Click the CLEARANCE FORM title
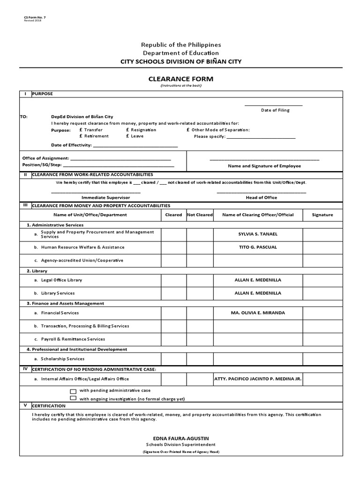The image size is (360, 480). pyautogui.click(x=180, y=79)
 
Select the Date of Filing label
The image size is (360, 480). pyautogui.click(x=275, y=110)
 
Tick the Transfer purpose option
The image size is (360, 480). pyautogui.click(x=82, y=130)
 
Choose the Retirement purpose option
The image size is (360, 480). pyautogui.click(x=82, y=136)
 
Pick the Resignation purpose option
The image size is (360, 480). pyautogui.click(x=127, y=130)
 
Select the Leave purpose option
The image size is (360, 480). pyautogui.click(x=127, y=136)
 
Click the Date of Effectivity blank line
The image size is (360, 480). pyautogui.click(x=135, y=146)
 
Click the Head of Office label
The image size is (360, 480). pyautogui.click(x=261, y=198)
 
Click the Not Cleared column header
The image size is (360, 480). pyautogui.click(x=200, y=215)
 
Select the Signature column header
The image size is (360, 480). pyautogui.click(x=322, y=215)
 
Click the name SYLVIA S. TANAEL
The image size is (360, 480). pyautogui.click(x=258, y=234)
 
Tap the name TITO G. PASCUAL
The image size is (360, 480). pyautogui.click(x=258, y=247)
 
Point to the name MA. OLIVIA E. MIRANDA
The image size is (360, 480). pyautogui.click(x=258, y=313)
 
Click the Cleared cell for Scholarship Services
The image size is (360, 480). pyautogui.click(x=173, y=359)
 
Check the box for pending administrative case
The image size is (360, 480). pyautogui.click(x=73, y=391)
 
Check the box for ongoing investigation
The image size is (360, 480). pyautogui.click(x=73, y=398)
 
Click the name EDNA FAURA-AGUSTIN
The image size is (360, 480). pyautogui.click(x=180, y=438)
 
